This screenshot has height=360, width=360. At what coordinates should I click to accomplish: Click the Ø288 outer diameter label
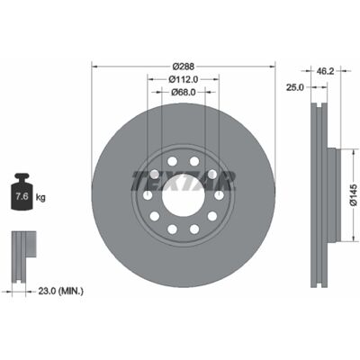pyautogui.click(x=184, y=66)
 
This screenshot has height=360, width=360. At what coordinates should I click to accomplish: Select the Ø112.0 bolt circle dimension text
pyautogui.click(x=184, y=79)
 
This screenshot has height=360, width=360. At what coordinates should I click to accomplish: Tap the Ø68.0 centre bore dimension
pyautogui.click(x=184, y=92)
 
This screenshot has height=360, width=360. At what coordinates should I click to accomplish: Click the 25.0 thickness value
pyautogui.click(x=295, y=87)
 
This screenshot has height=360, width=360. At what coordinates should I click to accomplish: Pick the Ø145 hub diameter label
pyautogui.click(x=354, y=195)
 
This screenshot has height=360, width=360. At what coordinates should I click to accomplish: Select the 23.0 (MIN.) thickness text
pyautogui.click(x=61, y=291)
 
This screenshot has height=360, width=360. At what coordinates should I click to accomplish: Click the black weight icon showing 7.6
pyautogui.click(x=22, y=192)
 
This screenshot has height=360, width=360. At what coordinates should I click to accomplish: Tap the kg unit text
pyautogui.click(x=40, y=198)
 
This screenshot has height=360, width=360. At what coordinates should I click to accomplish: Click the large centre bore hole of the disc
pyautogui.click(x=184, y=195)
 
